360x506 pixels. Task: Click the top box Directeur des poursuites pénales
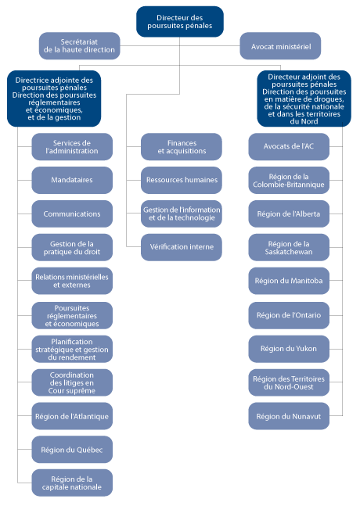180,21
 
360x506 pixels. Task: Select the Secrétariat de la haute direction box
80,45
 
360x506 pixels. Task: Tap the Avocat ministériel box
280,46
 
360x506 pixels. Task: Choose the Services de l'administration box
72,147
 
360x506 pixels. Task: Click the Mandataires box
72,180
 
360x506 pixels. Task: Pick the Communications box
72,214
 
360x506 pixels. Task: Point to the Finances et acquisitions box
182,147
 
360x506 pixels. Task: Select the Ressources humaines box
182,180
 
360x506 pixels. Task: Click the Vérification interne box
182,247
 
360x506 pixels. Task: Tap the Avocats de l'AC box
290,147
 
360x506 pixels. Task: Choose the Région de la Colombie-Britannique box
290,181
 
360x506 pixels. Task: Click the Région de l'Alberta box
290,214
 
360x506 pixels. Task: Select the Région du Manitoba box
290,280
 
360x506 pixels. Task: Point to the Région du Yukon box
290,348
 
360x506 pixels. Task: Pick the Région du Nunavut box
290,416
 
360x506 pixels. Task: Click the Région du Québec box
72,449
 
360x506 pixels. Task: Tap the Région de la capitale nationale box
72,483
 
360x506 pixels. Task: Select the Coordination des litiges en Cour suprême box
72,382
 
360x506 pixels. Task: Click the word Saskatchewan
288,252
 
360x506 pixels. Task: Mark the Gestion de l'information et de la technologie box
182,214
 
